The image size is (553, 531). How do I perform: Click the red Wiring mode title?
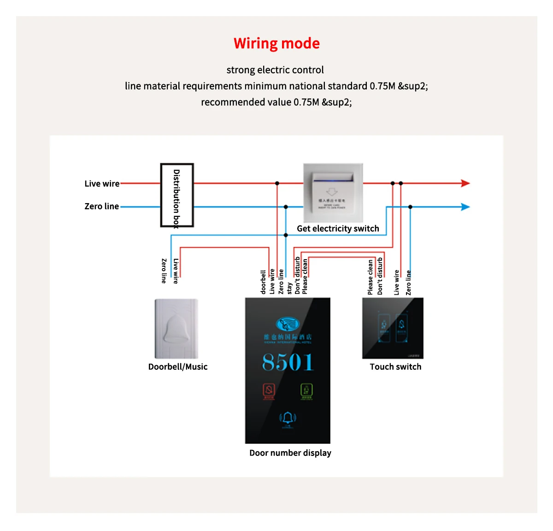(x=276, y=43)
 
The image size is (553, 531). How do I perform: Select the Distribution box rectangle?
(x=177, y=195)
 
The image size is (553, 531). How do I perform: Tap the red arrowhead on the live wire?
(x=465, y=183)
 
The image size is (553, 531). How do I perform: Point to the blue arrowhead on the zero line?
(x=465, y=207)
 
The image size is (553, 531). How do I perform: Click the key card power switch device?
(x=333, y=193)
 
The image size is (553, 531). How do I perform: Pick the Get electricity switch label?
(x=338, y=228)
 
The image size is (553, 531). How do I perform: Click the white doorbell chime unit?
(x=176, y=328)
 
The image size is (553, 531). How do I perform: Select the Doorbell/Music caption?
(x=178, y=367)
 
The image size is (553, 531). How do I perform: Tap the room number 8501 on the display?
(x=288, y=362)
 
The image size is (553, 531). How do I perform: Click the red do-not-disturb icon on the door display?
(x=269, y=391)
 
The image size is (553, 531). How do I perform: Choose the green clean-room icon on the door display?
(x=306, y=391)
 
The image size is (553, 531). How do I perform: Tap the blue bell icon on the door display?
(x=288, y=418)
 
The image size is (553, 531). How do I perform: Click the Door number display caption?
(x=290, y=453)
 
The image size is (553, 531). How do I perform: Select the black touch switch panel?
(x=393, y=328)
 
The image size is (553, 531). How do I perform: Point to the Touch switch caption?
(x=395, y=367)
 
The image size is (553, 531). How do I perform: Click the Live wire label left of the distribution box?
(x=102, y=184)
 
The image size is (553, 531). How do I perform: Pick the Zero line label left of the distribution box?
(x=101, y=206)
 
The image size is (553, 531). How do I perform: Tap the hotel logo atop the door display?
(x=288, y=324)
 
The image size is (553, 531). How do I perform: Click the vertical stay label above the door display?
(x=289, y=288)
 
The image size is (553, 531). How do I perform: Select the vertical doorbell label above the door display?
(x=263, y=282)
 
